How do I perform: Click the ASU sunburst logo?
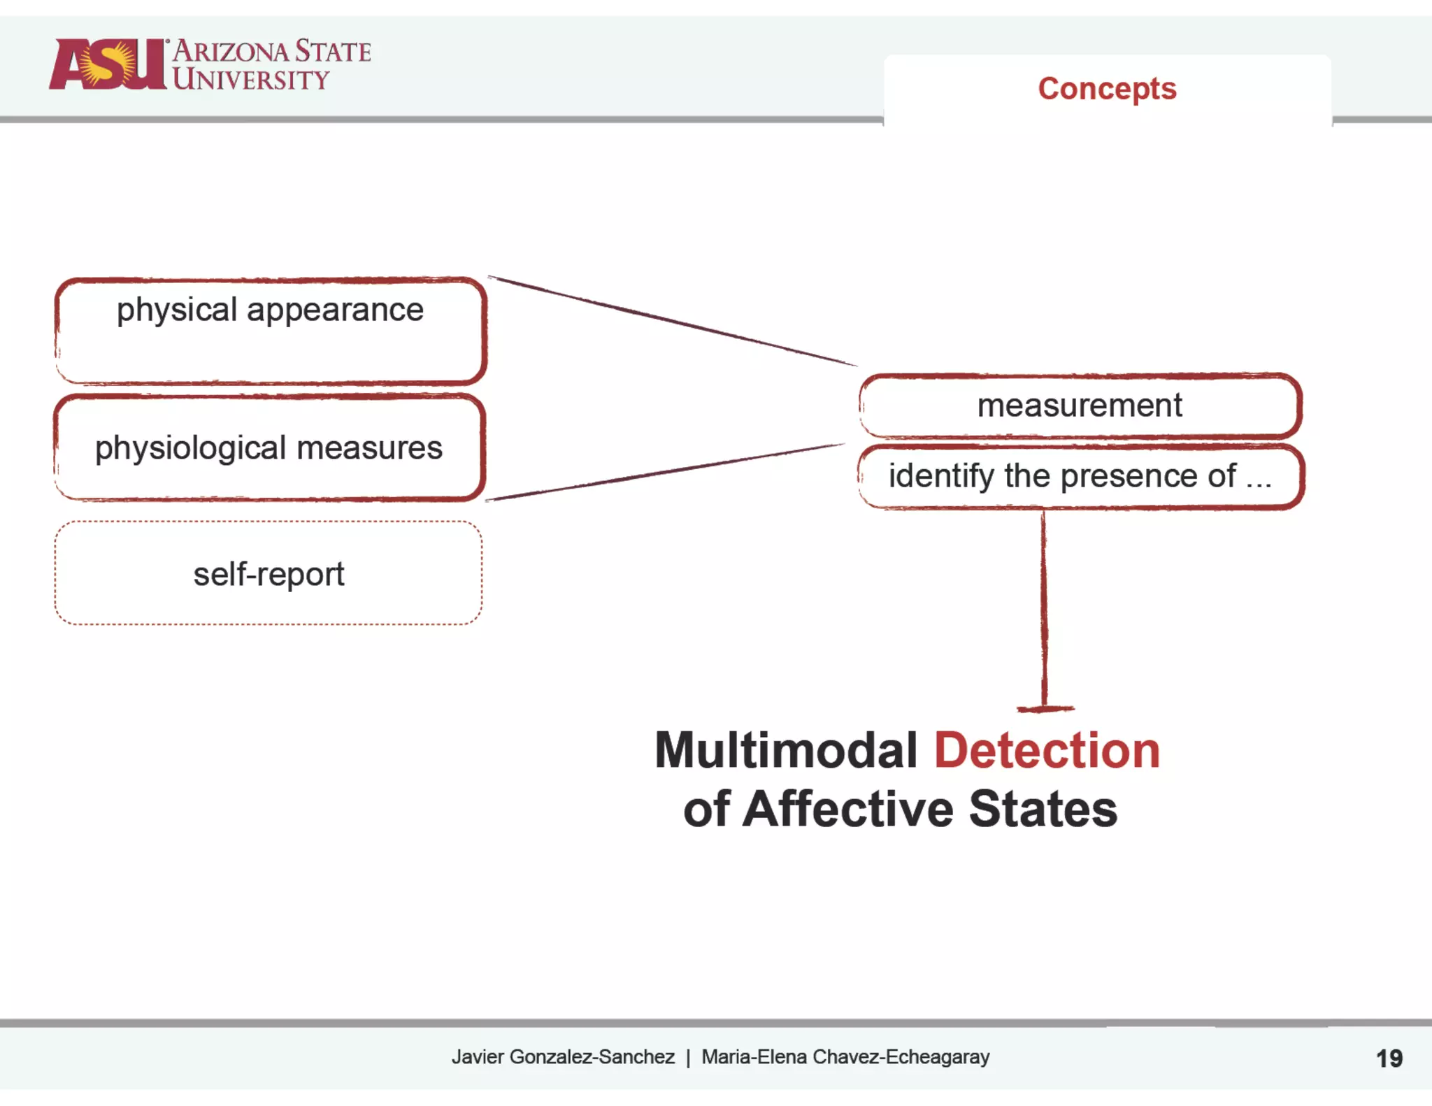coord(108,64)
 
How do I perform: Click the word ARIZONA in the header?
coord(231,52)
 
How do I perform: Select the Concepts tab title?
coord(1107,89)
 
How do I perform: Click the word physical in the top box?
coord(177,310)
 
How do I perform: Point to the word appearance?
coord(335,310)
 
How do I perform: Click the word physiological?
coord(191,448)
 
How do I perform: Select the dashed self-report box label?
coord(268,574)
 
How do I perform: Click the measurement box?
coord(1079,405)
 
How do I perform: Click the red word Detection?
coord(1047,750)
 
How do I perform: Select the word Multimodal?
coord(785,750)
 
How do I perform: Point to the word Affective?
coord(847,809)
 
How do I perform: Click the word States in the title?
coord(1043,809)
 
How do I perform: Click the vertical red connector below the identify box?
coord(1044,608)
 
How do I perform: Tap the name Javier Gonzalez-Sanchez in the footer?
coord(563,1056)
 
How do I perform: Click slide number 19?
coord(1389,1058)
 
